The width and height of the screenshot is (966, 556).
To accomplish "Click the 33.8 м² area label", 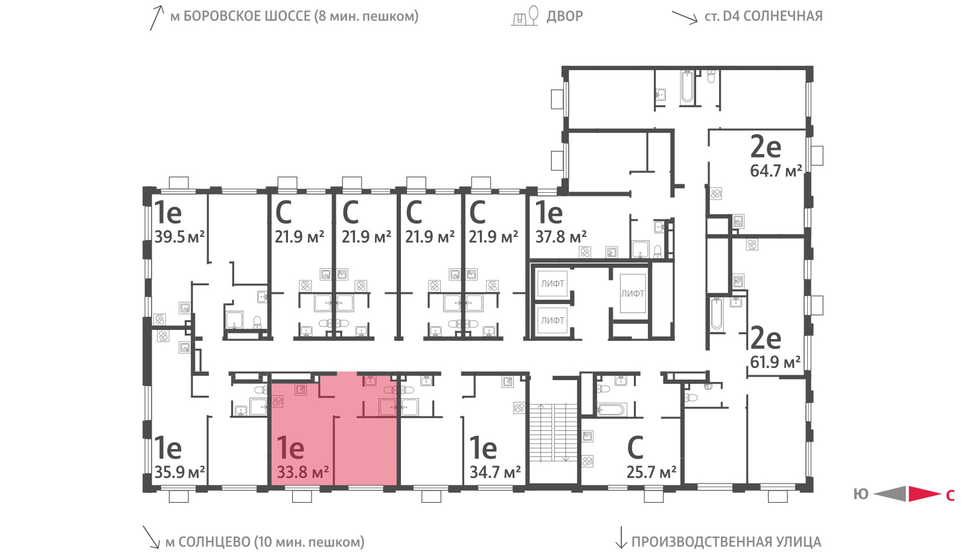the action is click(x=302, y=472).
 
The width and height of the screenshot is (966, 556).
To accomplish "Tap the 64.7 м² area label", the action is click(x=776, y=171).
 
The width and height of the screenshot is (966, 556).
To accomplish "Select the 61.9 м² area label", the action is click(x=775, y=362).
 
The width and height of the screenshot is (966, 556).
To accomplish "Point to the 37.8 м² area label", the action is click(x=561, y=237).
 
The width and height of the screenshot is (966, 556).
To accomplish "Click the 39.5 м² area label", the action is click(x=179, y=237).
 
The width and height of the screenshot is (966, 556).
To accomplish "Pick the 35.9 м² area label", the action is click(x=179, y=472).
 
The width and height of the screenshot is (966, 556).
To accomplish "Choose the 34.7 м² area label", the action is click(x=495, y=472).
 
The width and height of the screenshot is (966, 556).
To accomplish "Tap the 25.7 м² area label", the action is click(x=651, y=473).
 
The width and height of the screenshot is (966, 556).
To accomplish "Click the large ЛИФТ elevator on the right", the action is click(x=633, y=294).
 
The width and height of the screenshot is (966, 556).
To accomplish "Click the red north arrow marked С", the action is click(x=925, y=494).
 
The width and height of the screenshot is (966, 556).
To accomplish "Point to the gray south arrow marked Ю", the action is click(x=890, y=494).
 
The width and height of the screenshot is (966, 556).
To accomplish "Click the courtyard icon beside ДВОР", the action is click(x=525, y=16).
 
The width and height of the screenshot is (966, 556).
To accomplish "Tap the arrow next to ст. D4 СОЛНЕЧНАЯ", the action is click(x=685, y=18).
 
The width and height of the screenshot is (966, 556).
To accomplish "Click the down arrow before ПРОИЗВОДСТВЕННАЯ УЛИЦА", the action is click(x=621, y=537).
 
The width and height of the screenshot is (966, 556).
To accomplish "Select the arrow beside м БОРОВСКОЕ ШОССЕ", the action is click(x=157, y=18).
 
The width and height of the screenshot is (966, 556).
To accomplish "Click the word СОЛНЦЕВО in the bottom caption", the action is click(x=214, y=541).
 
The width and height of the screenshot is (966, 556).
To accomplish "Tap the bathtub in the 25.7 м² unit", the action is click(x=611, y=409).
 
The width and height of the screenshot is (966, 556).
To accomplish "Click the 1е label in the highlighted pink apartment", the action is click(x=290, y=448).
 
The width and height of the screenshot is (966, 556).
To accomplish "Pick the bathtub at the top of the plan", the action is click(x=687, y=88).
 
